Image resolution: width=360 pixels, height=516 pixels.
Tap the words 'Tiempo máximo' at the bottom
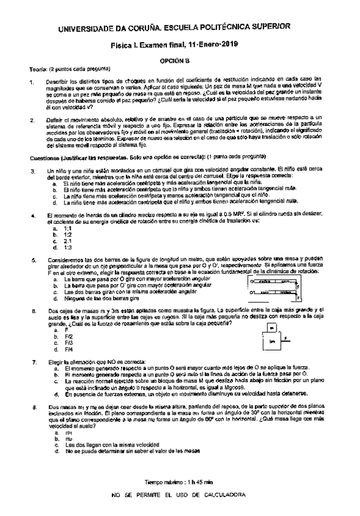[162, 483]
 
